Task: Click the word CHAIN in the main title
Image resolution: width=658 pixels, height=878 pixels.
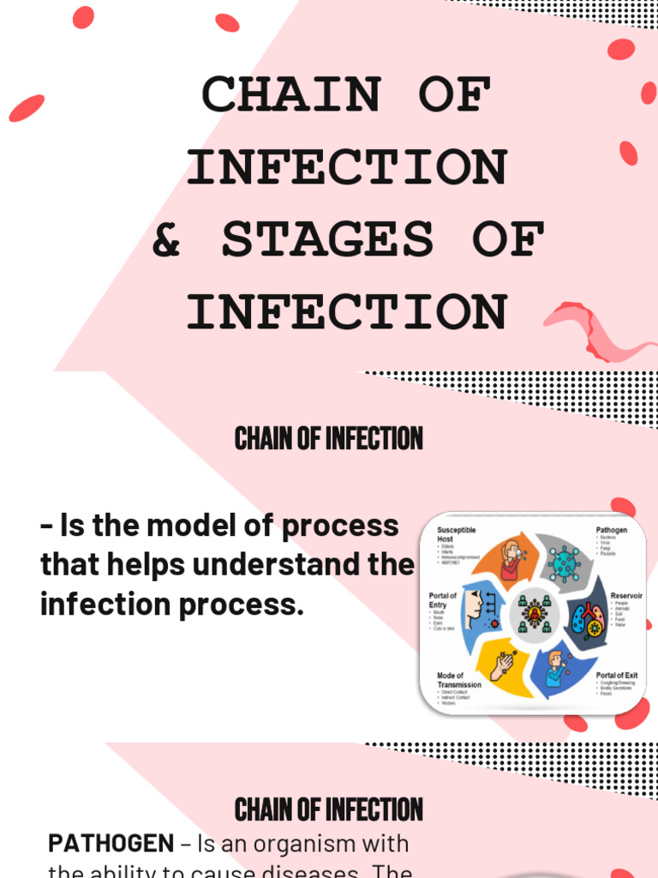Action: click(290, 95)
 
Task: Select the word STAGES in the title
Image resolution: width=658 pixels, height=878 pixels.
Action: click(328, 240)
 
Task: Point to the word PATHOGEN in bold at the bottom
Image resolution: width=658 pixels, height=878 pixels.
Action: click(111, 844)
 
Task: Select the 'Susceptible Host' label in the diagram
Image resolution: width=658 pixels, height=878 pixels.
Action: click(456, 535)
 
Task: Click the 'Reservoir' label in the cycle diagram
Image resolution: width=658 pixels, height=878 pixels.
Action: click(626, 595)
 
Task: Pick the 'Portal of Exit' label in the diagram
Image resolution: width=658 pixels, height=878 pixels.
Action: click(617, 676)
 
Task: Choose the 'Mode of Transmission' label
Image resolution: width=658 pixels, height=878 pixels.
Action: click(459, 680)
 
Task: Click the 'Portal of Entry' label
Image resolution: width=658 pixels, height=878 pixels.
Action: click(443, 600)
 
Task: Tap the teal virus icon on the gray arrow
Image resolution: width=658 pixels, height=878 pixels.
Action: click(564, 563)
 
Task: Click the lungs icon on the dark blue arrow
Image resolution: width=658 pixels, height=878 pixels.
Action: click(589, 617)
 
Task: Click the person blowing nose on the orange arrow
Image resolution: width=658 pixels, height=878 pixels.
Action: click(511, 561)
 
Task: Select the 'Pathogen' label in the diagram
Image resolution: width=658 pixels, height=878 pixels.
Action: click(612, 531)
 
